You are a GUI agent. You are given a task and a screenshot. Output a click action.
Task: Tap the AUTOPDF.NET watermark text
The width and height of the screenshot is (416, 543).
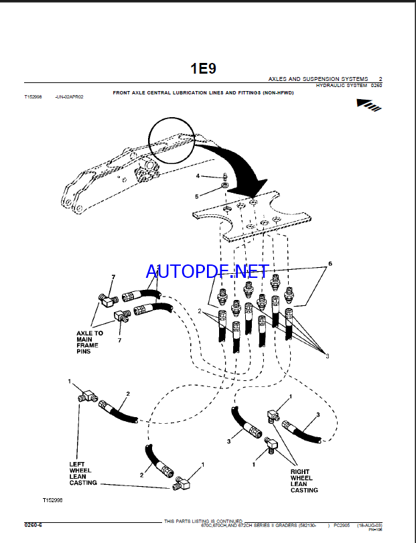click(208, 271)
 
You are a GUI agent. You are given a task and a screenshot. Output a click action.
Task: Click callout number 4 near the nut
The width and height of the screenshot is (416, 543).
click(198, 175)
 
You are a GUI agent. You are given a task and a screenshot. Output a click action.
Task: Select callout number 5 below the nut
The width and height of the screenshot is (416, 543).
click(198, 196)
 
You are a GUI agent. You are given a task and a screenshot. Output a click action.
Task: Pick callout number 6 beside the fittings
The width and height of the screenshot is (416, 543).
click(330, 264)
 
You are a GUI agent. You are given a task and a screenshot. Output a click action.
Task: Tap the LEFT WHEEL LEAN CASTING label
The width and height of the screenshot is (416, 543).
click(83, 473)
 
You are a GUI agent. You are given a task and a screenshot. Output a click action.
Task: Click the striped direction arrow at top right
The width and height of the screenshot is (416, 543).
click(370, 104)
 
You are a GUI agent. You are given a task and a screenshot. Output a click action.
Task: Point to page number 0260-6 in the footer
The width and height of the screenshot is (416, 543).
click(33, 525)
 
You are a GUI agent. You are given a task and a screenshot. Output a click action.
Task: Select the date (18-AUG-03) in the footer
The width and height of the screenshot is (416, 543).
click(369, 526)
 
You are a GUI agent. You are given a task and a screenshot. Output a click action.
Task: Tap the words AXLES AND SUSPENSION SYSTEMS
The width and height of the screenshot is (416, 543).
click(318, 79)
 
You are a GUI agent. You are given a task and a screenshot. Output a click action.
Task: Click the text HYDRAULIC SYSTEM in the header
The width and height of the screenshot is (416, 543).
click(341, 85)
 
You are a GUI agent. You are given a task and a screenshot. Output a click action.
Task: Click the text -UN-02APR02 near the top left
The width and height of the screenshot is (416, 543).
click(70, 96)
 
